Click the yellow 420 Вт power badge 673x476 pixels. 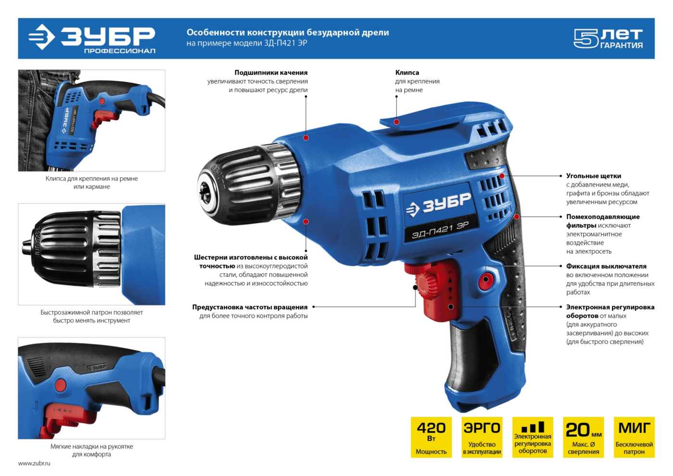pos(431,437)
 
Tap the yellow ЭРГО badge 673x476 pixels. pos(482,437)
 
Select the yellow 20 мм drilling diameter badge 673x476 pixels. pos(584,437)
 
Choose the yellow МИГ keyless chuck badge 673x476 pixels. pos(634,437)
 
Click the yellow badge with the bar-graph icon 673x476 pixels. pos(533,437)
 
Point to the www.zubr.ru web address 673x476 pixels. pos(34,463)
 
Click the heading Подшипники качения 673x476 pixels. pos(271,73)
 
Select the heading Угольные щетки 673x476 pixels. pos(594,176)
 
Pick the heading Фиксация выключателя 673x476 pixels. pos(606,266)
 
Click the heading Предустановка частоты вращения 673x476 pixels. pos(250,307)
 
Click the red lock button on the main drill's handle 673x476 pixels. pos(486,279)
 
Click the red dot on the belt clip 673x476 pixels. pos(397,122)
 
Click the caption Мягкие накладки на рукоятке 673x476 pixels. pos(92,447)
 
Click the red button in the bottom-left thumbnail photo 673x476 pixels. pos(61,384)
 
